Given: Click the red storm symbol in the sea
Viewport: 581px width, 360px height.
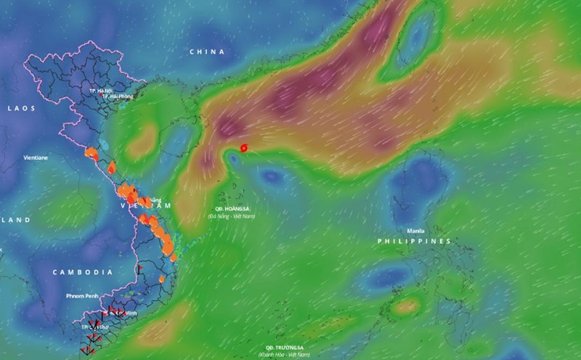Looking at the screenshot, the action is coord(243,147).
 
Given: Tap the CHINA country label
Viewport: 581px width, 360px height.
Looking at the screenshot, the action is coord(207,52).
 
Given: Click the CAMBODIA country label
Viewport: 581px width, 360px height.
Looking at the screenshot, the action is coord(82,271).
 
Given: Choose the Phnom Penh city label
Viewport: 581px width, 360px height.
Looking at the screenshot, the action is coord(82,297).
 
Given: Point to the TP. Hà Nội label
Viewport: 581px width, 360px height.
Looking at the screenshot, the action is coord(99,91).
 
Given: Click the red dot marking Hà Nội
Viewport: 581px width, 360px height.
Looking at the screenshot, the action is coord(100,96).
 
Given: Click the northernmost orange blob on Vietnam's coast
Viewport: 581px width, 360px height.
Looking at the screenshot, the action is coord(91,153).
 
